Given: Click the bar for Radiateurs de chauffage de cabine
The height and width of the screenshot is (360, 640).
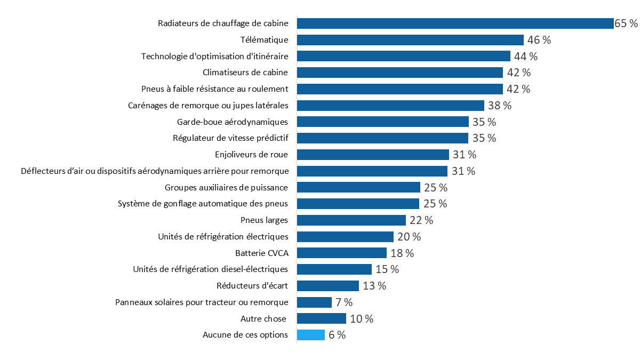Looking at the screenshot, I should (x=455, y=23).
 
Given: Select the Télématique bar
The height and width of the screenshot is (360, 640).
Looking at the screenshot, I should (x=410, y=40).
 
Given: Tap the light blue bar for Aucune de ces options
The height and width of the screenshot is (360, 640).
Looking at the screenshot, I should (x=311, y=335).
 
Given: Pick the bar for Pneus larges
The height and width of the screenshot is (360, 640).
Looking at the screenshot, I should (x=351, y=220).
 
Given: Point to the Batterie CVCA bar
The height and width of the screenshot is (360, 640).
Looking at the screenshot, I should (x=342, y=253).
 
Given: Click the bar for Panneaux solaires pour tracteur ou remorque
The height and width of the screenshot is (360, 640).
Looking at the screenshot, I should (x=314, y=302).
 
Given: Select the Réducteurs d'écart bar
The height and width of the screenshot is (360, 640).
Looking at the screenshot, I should (x=328, y=286).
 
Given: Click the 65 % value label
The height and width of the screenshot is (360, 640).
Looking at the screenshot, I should (x=626, y=23).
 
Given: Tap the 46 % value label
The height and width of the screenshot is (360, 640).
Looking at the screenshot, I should (x=539, y=40).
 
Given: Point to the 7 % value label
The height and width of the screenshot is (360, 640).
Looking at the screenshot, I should (x=344, y=302).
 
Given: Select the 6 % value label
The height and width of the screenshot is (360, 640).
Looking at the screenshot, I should (x=337, y=335).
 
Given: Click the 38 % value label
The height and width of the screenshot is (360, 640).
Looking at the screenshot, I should (x=500, y=106).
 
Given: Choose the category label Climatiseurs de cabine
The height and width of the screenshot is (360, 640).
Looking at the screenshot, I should (x=245, y=73).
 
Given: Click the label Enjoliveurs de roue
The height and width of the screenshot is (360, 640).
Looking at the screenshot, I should (x=251, y=155).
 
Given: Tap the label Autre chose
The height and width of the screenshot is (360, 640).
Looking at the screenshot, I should (x=264, y=319).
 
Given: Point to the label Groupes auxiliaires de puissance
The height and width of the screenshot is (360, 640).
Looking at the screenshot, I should (x=226, y=188).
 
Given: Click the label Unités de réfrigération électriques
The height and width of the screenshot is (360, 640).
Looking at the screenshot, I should (x=223, y=236).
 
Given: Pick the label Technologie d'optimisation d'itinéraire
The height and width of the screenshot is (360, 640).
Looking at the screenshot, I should (x=214, y=57).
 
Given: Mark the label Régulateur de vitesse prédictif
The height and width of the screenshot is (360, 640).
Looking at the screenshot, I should (x=230, y=138).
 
